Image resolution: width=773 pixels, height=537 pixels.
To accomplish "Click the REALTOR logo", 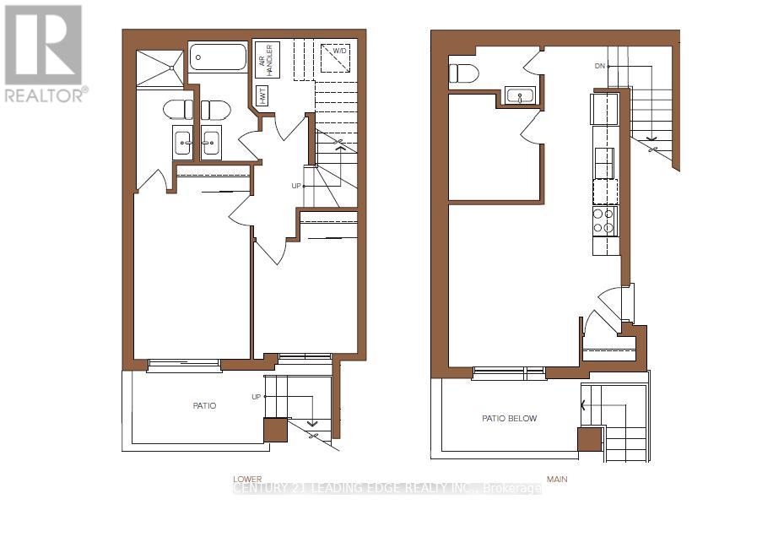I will click(x=45, y=52).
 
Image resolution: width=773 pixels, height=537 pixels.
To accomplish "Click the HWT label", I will click(x=262, y=96).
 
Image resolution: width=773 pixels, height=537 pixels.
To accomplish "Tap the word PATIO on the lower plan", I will click(x=204, y=406).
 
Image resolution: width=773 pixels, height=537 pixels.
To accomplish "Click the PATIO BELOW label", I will click(x=509, y=419).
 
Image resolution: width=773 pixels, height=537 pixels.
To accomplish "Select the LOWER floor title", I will click(x=248, y=479).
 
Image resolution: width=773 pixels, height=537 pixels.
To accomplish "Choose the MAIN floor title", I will click(x=557, y=480).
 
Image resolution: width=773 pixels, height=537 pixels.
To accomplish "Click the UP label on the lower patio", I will click(x=256, y=397).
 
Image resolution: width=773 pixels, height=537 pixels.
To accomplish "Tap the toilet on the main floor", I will click(x=464, y=73).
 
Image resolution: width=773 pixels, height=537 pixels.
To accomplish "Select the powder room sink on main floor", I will click(x=519, y=95).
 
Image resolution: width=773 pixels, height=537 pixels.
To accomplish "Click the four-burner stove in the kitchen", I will click(x=604, y=220).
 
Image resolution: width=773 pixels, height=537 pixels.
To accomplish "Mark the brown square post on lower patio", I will click(x=275, y=430).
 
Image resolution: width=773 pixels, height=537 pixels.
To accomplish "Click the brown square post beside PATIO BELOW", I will click(x=589, y=439).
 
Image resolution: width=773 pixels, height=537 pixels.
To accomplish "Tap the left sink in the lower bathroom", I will click(x=182, y=141).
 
